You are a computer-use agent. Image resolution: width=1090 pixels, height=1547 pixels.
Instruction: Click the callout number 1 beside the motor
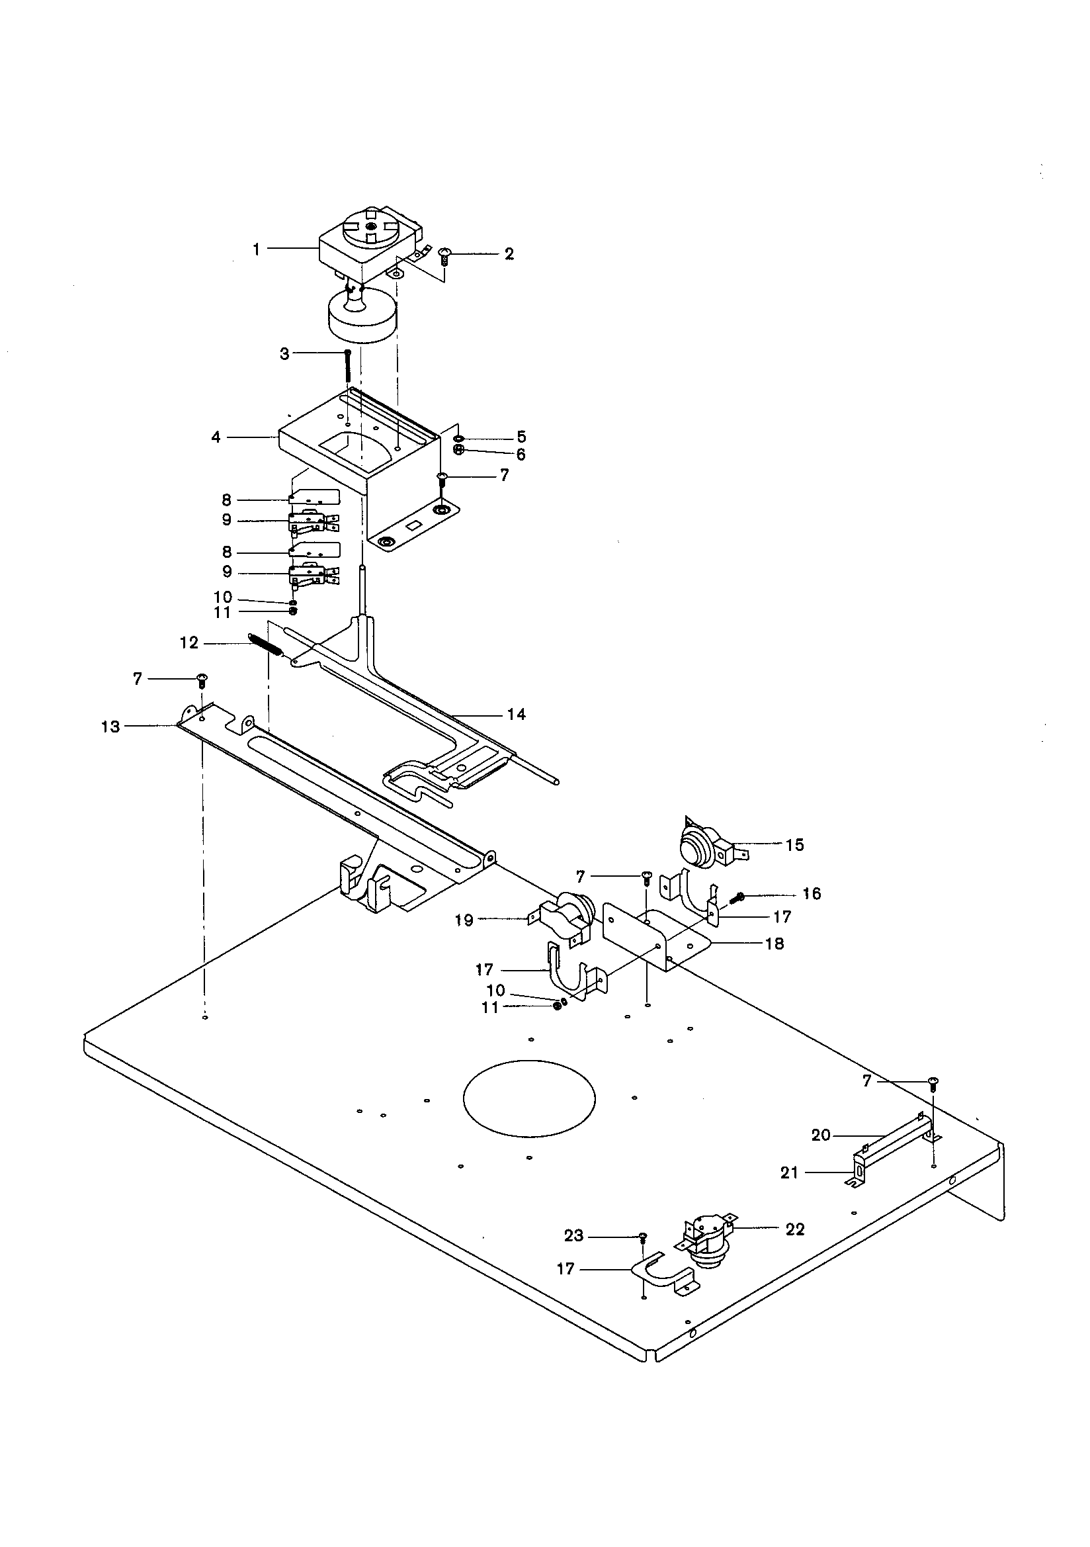pos(256,249)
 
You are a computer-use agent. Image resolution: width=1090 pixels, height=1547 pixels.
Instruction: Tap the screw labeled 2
pos(444,255)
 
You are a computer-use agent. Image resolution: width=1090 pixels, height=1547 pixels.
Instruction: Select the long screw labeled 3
pos(348,366)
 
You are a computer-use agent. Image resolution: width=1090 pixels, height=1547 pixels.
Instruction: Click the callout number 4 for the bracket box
pos(216,438)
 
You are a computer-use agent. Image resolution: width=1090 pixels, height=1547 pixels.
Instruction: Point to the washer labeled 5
pos(459,439)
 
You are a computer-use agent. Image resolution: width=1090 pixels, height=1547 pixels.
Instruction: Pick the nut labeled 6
pos(458,450)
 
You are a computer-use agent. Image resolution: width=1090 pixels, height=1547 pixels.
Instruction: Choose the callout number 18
pos(775,944)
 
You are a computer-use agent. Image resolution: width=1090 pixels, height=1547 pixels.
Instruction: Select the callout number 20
pos(821,1135)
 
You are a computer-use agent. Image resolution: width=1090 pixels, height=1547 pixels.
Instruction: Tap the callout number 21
pos(789,1173)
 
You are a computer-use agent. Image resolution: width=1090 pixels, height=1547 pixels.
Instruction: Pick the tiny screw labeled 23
pos(643,1237)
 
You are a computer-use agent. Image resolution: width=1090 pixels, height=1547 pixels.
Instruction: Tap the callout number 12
pos(189,643)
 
